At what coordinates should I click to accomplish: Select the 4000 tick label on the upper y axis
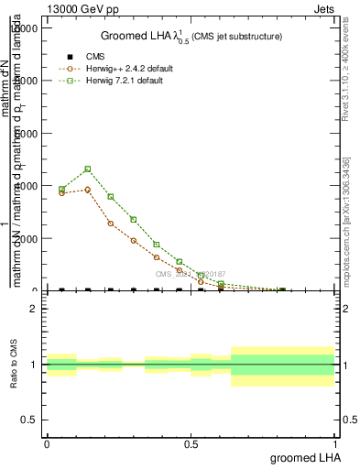point(26,186)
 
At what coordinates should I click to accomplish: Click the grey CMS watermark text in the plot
point(189,274)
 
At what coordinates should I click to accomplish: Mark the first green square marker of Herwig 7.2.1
point(61,190)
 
